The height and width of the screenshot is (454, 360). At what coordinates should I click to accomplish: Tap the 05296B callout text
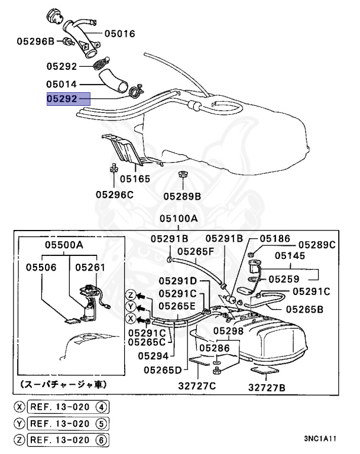click(35, 41)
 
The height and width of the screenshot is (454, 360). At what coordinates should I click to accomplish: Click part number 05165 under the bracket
click(135, 178)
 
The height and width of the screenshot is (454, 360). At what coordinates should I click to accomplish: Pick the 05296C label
click(115, 194)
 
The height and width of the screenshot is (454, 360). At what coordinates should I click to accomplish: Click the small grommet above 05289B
click(182, 175)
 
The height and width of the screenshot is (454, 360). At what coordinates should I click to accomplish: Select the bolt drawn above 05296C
click(111, 170)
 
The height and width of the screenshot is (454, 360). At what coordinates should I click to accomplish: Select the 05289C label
click(317, 244)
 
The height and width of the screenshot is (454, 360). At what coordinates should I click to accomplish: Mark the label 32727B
click(266, 388)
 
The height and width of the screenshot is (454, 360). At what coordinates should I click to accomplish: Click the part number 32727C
click(197, 387)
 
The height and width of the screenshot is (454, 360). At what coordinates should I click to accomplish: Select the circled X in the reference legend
click(20, 407)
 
